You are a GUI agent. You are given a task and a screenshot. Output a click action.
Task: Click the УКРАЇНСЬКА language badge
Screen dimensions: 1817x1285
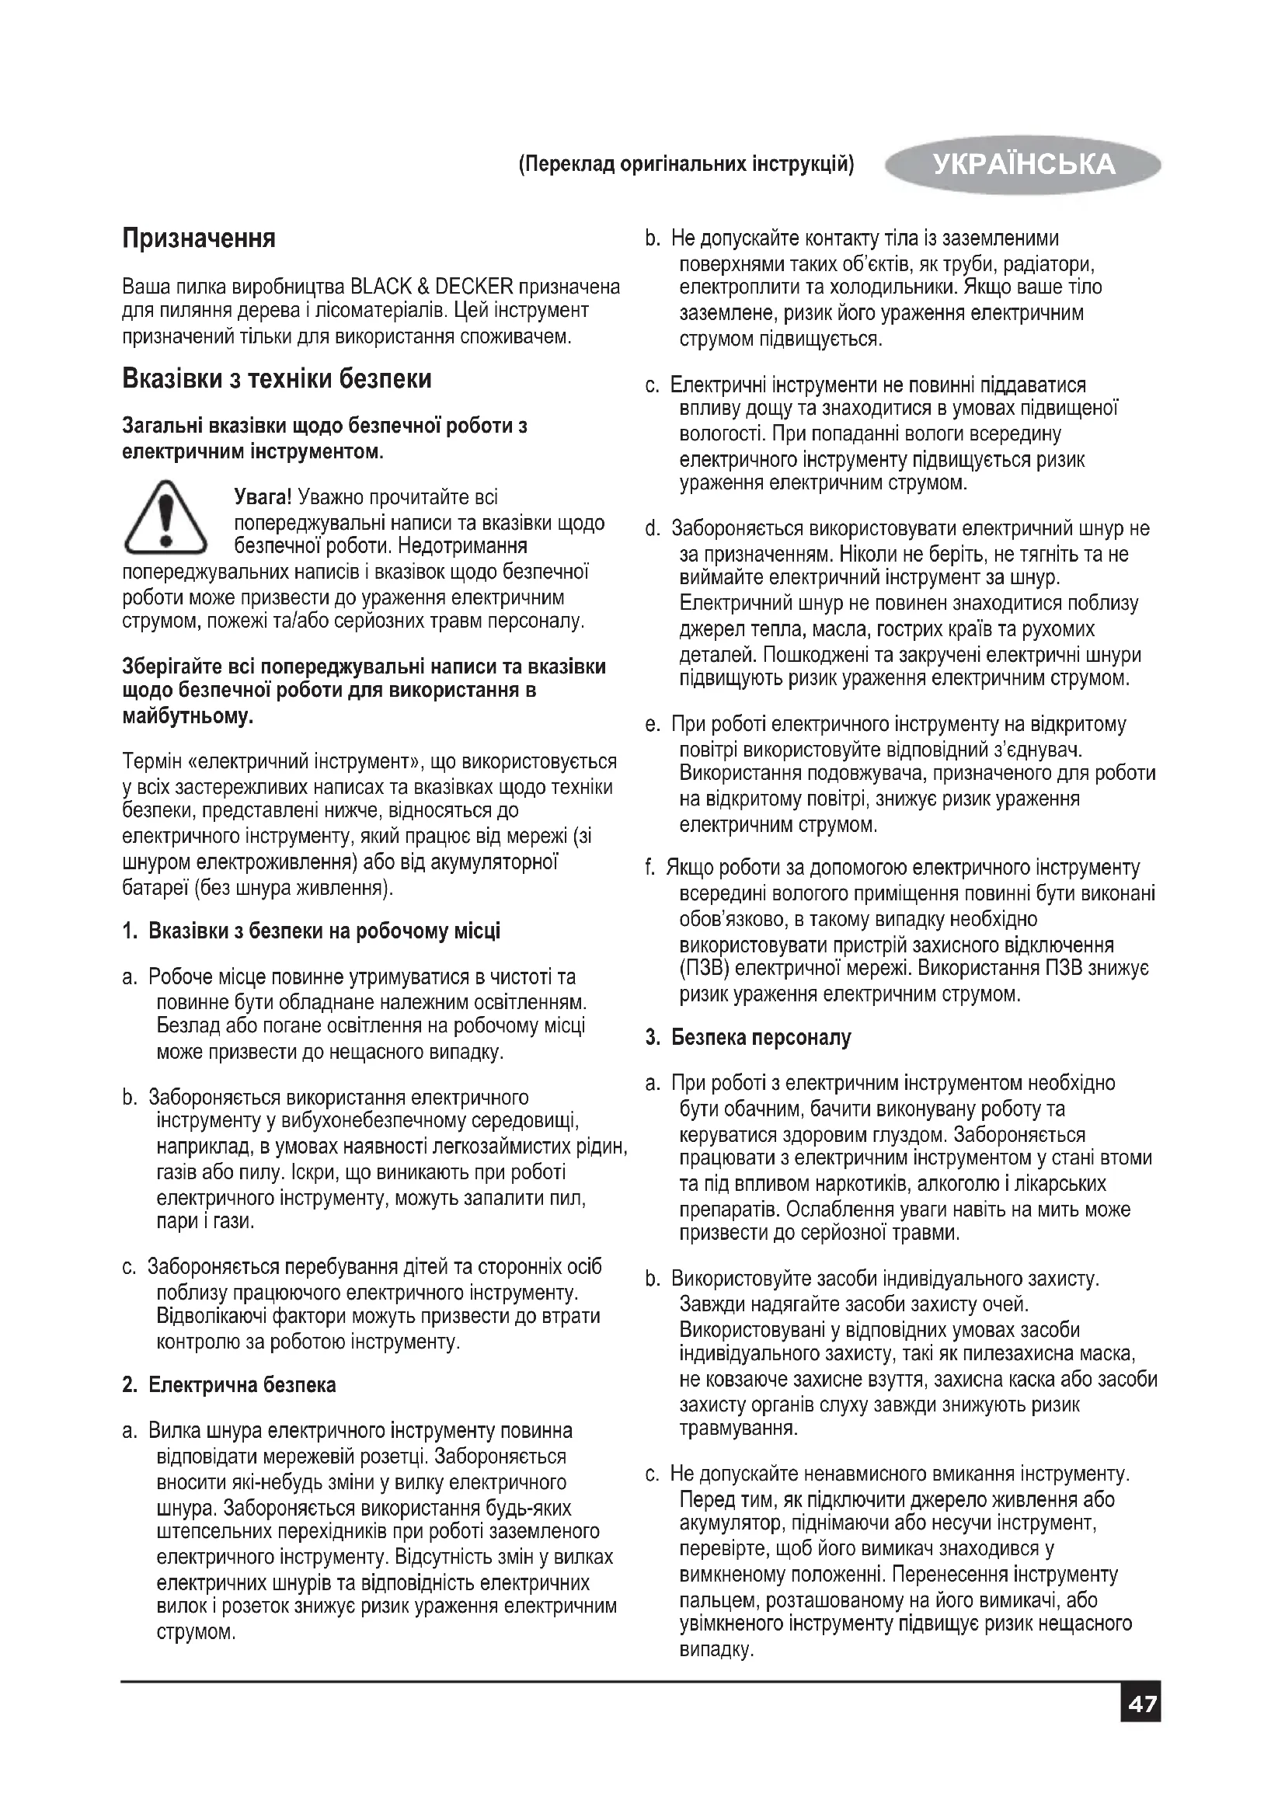point(1023,164)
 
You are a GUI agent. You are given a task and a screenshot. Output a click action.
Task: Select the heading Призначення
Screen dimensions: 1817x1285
point(199,238)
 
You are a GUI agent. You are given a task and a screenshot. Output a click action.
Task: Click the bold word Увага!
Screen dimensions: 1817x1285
point(263,497)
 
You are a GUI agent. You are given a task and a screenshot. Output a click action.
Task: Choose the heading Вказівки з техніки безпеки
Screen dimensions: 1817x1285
point(277,378)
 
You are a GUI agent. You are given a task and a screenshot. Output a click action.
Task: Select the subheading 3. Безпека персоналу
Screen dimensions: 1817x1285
point(748,1037)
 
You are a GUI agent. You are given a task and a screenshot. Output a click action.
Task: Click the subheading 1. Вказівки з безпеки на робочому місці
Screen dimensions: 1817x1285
point(312,930)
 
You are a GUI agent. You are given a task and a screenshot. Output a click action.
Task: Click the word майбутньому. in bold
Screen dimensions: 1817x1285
point(188,717)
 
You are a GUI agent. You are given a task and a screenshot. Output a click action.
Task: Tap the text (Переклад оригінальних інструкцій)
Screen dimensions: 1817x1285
point(686,165)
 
